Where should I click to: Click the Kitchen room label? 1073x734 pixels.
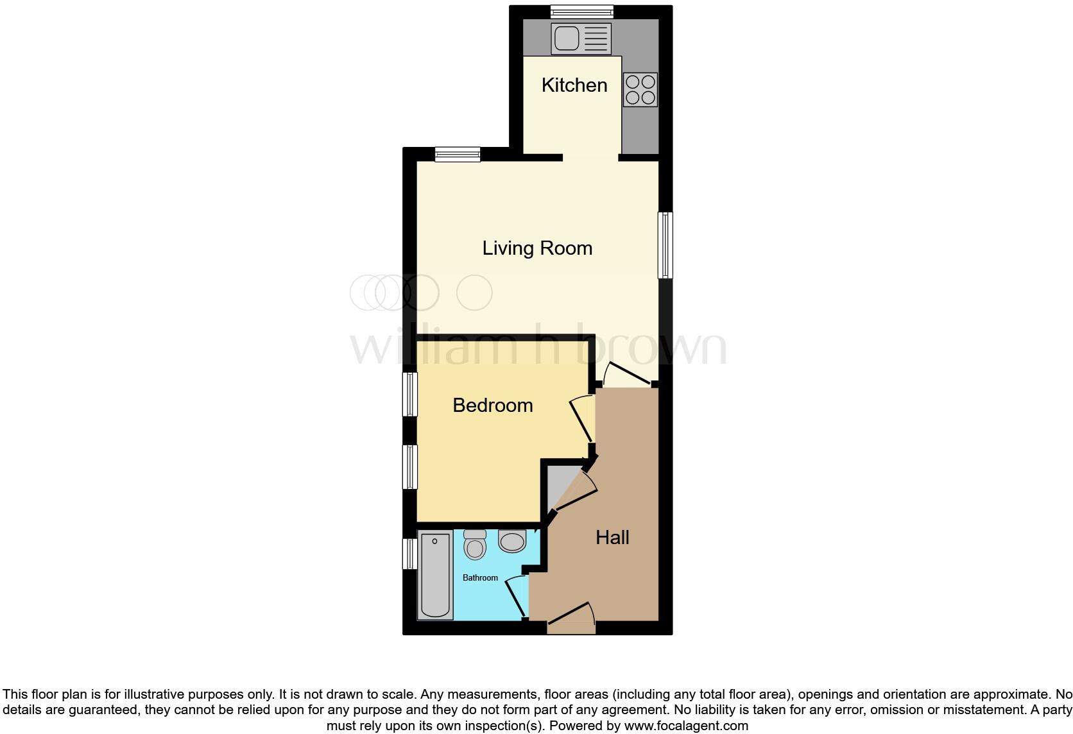tap(574, 85)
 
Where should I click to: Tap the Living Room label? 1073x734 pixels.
tap(537, 248)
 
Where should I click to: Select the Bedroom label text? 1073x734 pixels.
tap(492, 405)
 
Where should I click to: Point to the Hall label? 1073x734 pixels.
tap(612, 538)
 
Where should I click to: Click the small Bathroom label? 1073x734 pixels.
tap(480, 578)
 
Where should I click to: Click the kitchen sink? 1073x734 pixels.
tap(581, 38)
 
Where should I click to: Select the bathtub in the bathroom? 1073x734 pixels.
tap(434, 576)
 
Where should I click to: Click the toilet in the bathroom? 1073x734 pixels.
tap(475, 545)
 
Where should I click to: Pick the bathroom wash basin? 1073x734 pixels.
tap(512, 542)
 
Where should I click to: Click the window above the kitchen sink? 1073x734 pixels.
tap(581, 12)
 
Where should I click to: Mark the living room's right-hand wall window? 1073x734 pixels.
tap(665, 245)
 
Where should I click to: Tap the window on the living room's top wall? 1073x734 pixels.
tap(457, 154)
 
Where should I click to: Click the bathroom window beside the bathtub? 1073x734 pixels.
tap(409, 554)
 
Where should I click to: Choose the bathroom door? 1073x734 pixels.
tap(517, 596)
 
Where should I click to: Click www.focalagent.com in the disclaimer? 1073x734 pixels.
tap(685, 726)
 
